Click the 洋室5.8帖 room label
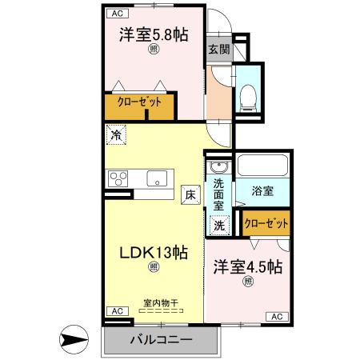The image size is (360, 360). (x=153, y=35)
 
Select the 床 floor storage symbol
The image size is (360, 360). (x=190, y=194)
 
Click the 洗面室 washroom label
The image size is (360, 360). (x=218, y=193)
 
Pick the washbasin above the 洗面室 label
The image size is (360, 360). (x=218, y=167)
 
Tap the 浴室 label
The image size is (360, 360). (x=263, y=192)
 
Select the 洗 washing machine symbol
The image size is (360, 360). (x=218, y=226)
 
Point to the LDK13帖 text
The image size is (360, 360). (x=154, y=253)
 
